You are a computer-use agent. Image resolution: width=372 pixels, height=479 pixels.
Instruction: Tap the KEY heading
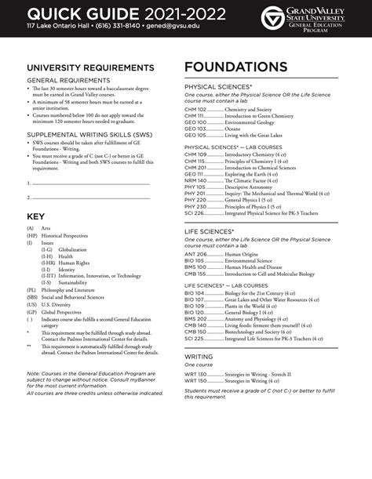tap(37, 216)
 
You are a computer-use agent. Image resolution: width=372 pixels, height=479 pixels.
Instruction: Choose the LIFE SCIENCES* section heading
tap(210, 232)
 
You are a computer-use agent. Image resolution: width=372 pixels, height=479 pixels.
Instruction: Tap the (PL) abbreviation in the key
tap(31, 289)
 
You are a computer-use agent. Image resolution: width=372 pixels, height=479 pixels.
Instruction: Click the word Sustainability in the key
tap(74, 282)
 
